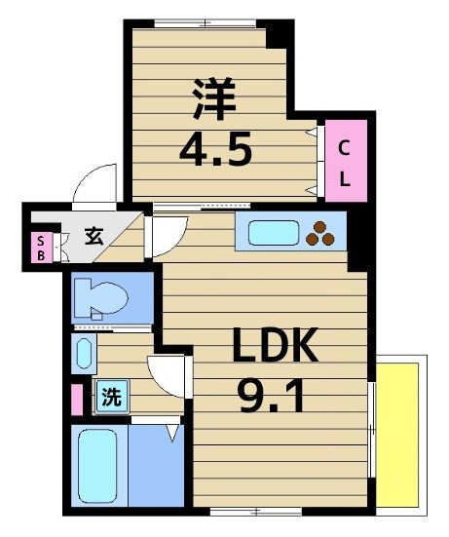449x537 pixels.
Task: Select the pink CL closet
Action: point(345,163)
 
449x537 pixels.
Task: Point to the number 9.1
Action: point(272,396)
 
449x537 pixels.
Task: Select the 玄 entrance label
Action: point(94,236)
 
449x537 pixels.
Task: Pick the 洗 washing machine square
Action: point(112,397)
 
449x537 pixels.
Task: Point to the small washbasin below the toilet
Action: point(83,352)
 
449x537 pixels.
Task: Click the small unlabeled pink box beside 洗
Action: point(76,399)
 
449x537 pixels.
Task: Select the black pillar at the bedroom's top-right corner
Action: point(280,33)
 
